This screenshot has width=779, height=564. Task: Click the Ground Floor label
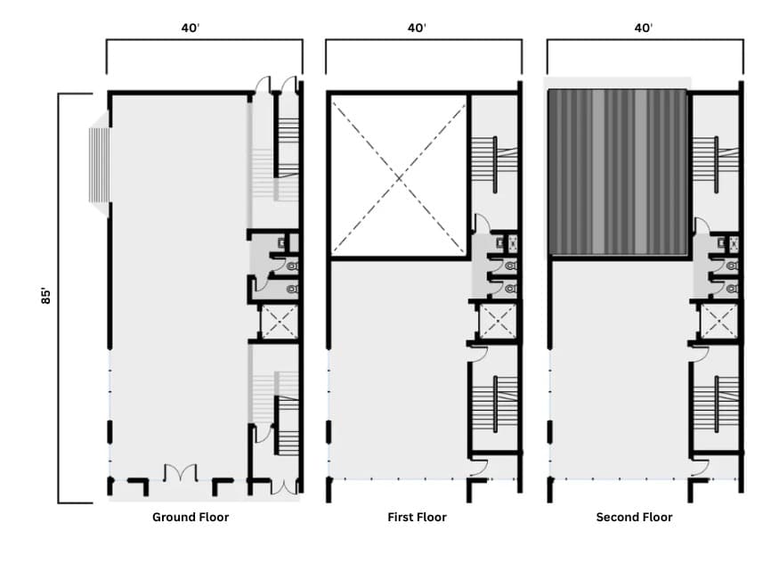click(x=191, y=517)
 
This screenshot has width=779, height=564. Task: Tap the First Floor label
click(x=417, y=517)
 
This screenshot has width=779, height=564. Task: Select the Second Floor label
click(x=634, y=517)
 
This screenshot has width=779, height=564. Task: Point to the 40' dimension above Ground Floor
click(x=190, y=27)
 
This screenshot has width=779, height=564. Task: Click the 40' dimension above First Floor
click(x=417, y=27)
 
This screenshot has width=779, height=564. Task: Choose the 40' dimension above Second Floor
click(x=644, y=27)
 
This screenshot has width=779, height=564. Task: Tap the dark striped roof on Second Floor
click(x=617, y=172)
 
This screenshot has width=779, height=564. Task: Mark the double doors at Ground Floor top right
click(x=276, y=86)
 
